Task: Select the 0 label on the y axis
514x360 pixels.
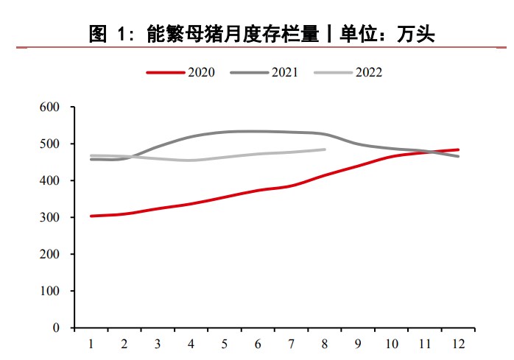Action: click(55, 328)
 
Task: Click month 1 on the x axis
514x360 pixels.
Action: click(91, 343)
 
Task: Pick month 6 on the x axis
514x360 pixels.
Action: click(258, 343)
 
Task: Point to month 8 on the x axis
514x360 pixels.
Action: click(325, 343)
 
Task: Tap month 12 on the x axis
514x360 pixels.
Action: click(458, 343)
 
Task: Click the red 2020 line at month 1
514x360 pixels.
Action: click(91, 216)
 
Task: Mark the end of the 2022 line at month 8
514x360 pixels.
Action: click(325, 149)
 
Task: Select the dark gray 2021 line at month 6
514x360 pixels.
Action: click(258, 131)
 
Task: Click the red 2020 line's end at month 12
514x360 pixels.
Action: click(458, 149)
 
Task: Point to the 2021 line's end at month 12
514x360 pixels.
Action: click(458, 156)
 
